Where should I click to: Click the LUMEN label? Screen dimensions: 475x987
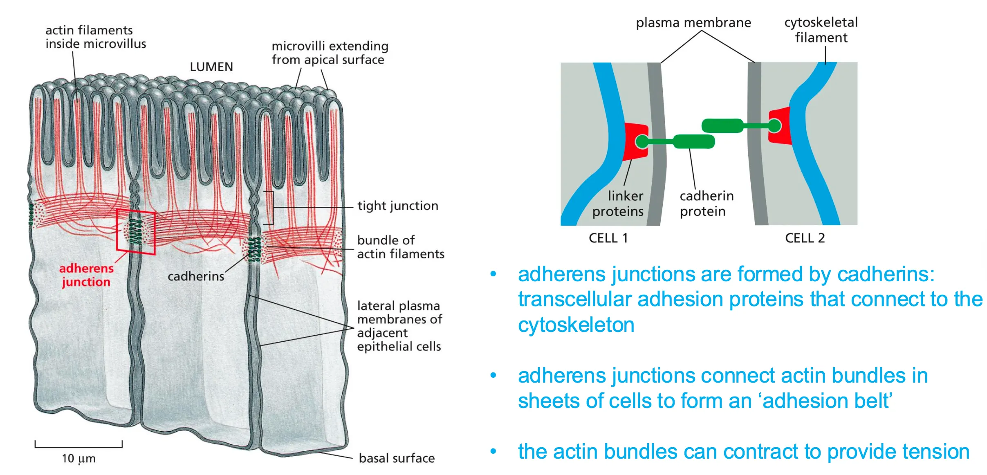pyautogui.click(x=211, y=67)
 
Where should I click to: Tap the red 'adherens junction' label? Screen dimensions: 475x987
pyautogui.click(x=86, y=275)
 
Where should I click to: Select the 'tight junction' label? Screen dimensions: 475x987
pyautogui.click(x=397, y=206)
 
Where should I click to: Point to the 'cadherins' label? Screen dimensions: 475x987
pyautogui.click(x=196, y=277)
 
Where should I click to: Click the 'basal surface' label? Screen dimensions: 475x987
pyautogui.click(x=397, y=458)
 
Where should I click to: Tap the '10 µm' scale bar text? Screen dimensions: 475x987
pyautogui.click(x=79, y=459)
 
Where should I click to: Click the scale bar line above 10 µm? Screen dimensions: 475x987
pyautogui.click(x=79, y=446)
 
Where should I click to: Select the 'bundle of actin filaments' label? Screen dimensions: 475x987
pyautogui.click(x=400, y=247)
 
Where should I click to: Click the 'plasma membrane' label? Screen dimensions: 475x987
pyautogui.click(x=693, y=23)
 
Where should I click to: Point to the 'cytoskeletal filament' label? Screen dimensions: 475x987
pyautogui.click(x=821, y=30)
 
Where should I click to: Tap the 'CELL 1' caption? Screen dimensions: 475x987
pyautogui.click(x=608, y=238)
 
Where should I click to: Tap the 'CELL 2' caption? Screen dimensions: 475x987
pyautogui.click(x=805, y=238)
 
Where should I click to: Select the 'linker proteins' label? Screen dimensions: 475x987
pyautogui.click(x=618, y=204)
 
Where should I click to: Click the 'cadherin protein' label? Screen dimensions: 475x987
pyautogui.click(x=706, y=204)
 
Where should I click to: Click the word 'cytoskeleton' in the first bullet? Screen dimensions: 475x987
pyautogui.click(x=576, y=325)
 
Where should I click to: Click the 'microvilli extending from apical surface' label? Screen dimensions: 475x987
pyautogui.click(x=330, y=53)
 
